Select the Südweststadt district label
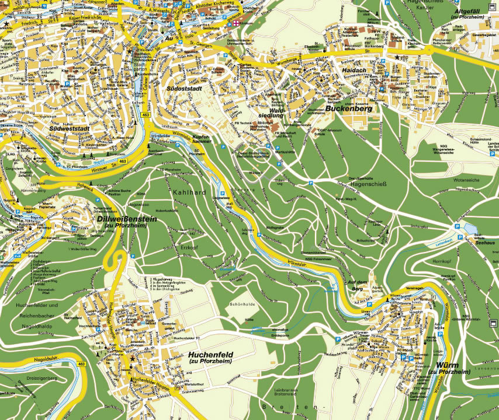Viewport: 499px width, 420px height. click(x=69, y=128)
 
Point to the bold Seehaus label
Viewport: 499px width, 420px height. click(x=485, y=243)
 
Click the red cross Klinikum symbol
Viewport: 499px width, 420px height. click(x=235, y=24)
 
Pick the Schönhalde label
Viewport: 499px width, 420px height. click(x=243, y=304)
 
